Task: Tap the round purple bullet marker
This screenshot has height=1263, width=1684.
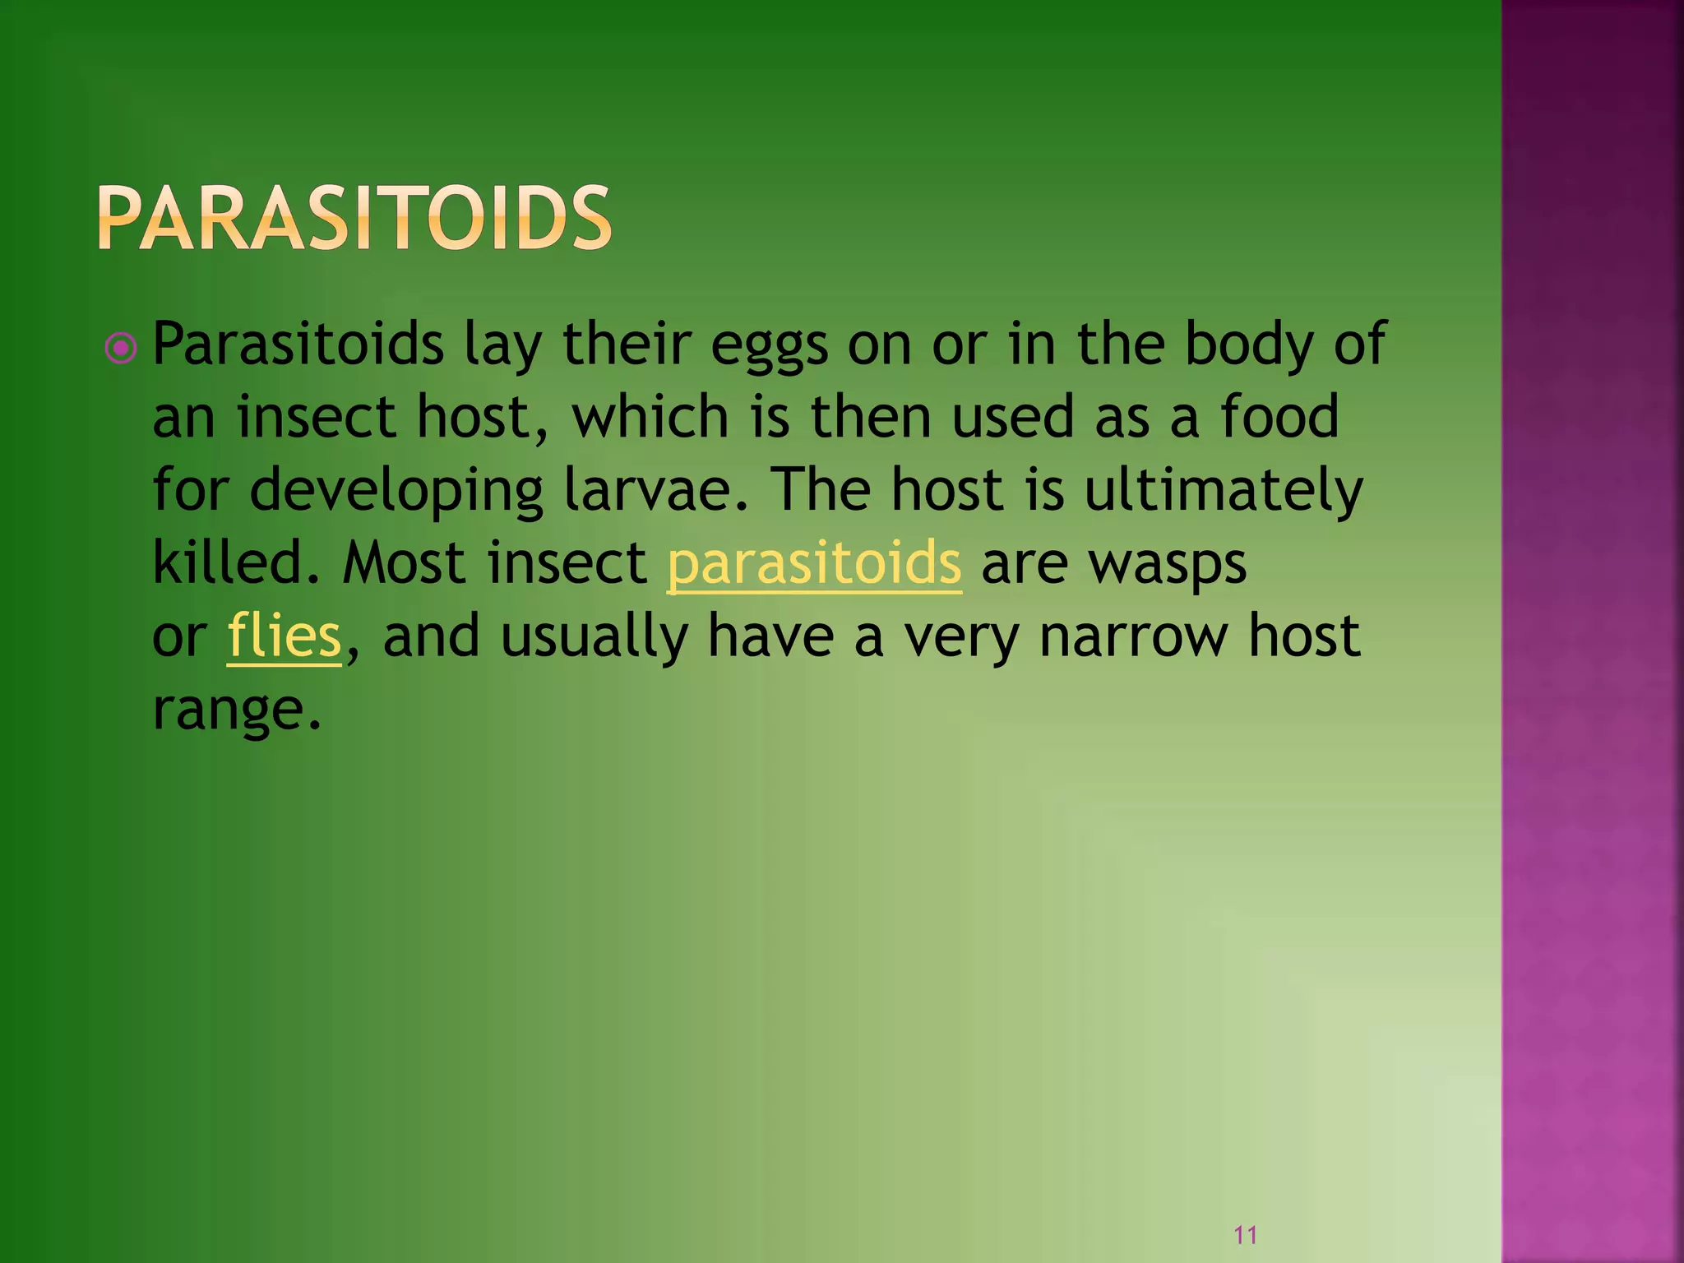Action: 121,348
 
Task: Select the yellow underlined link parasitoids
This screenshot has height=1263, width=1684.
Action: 813,563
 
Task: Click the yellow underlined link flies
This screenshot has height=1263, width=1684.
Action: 284,636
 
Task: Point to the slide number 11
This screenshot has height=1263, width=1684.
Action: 1245,1234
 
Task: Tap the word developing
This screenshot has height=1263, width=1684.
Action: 396,491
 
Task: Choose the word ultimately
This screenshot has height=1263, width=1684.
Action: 1224,491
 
